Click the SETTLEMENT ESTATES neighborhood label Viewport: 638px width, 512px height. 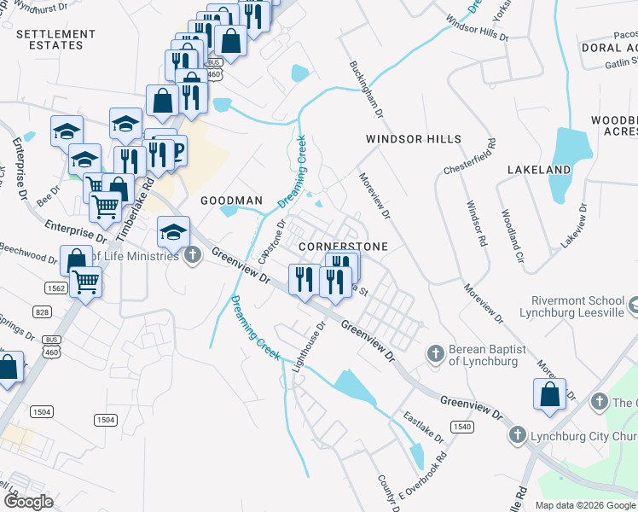point(57,40)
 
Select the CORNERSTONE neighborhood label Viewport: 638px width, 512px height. point(344,246)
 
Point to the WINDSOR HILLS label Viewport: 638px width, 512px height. point(414,139)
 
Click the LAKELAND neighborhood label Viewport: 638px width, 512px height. point(538,170)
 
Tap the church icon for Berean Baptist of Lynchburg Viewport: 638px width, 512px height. point(434,353)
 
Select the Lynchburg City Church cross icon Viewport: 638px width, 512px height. point(516,436)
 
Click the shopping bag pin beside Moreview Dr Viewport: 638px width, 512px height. point(549,394)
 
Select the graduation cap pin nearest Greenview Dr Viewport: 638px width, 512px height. point(172,231)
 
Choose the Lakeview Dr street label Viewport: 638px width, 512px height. point(572,225)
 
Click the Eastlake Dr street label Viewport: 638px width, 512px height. point(424,428)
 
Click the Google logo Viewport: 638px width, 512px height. point(28,502)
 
